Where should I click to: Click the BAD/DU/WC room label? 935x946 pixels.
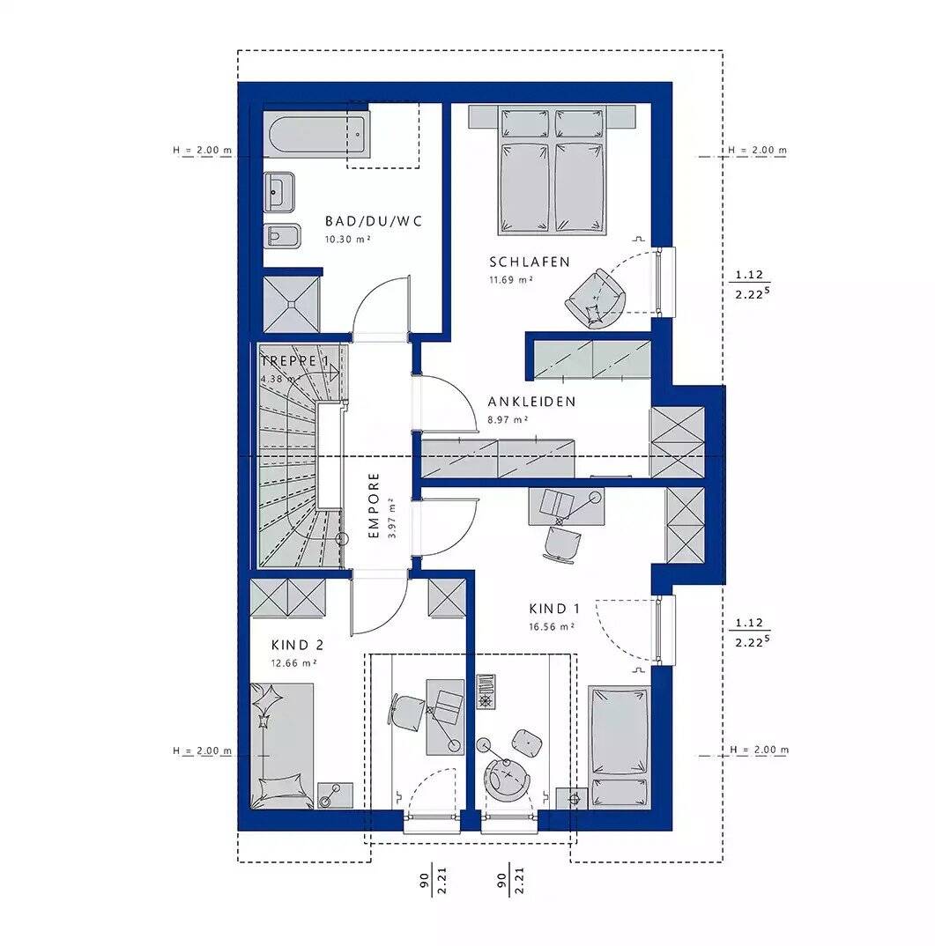click(x=374, y=221)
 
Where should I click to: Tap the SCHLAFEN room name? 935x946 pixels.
click(x=530, y=262)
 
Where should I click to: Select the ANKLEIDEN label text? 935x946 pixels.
click(x=531, y=402)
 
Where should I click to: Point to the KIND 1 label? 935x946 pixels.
click(x=554, y=609)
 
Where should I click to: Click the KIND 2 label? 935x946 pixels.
click(x=297, y=645)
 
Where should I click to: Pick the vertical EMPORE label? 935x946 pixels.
click(x=374, y=506)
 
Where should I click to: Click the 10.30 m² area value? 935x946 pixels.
click(x=348, y=240)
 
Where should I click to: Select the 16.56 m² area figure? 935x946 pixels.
click(x=552, y=627)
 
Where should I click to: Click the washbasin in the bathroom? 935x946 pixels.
click(x=278, y=192)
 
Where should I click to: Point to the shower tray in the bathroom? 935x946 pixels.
click(x=292, y=304)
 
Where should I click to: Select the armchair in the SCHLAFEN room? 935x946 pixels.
click(x=595, y=299)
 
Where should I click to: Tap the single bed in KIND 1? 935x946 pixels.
click(x=618, y=746)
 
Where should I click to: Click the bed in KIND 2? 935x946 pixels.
click(x=283, y=746)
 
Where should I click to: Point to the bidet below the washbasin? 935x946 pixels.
click(x=283, y=236)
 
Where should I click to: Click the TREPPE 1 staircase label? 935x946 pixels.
click(x=295, y=361)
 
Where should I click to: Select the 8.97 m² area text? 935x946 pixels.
click(x=508, y=420)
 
